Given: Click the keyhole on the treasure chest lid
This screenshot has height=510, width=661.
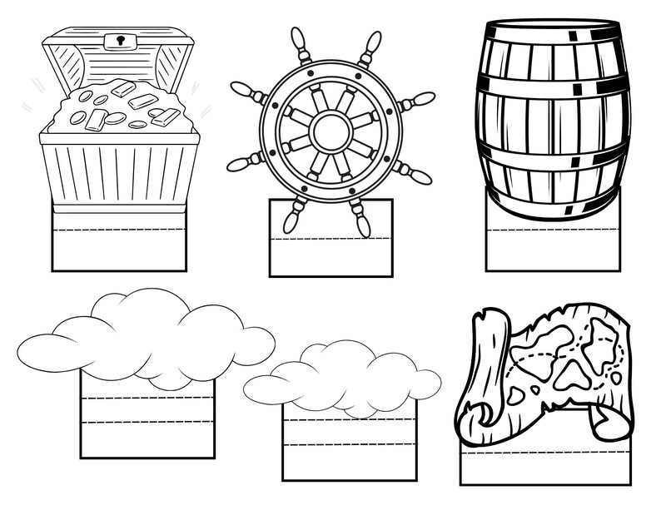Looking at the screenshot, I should tap(121, 39).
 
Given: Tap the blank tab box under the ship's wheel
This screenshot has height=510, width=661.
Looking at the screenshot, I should tap(330, 254).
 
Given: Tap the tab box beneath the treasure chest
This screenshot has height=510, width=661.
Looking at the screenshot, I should tap(119, 245).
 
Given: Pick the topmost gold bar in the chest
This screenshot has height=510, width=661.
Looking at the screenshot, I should tap(122, 87).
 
